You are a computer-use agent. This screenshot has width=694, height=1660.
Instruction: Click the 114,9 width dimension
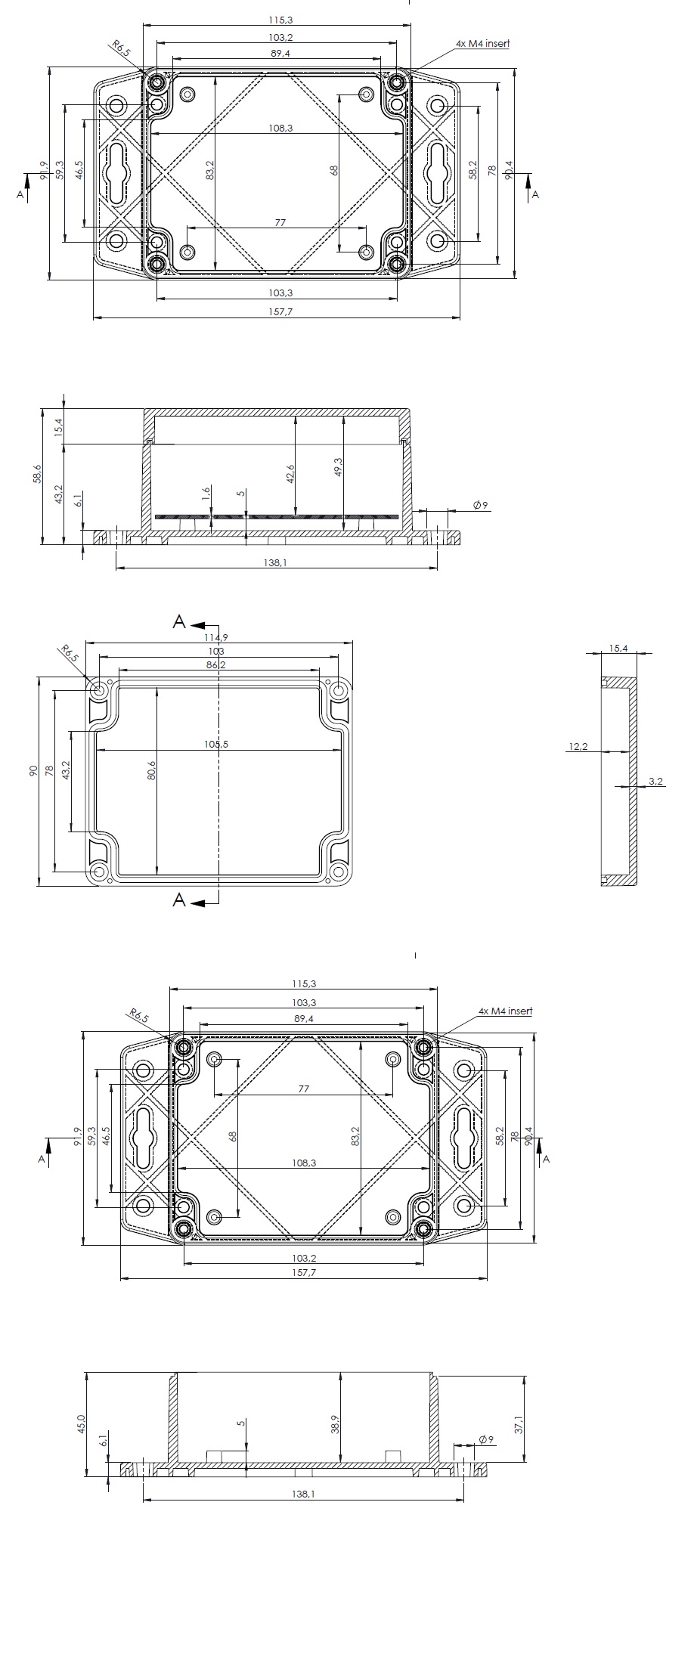(218, 637)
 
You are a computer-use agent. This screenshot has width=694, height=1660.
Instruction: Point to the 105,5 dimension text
(216, 745)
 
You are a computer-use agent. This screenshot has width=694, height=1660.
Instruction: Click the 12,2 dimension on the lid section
(579, 747)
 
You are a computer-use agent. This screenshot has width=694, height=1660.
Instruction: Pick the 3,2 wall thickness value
(655, 782)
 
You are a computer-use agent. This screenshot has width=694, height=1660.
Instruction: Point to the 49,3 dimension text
(339, 467)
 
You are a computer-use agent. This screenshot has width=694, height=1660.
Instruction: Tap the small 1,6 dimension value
(206, 494)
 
